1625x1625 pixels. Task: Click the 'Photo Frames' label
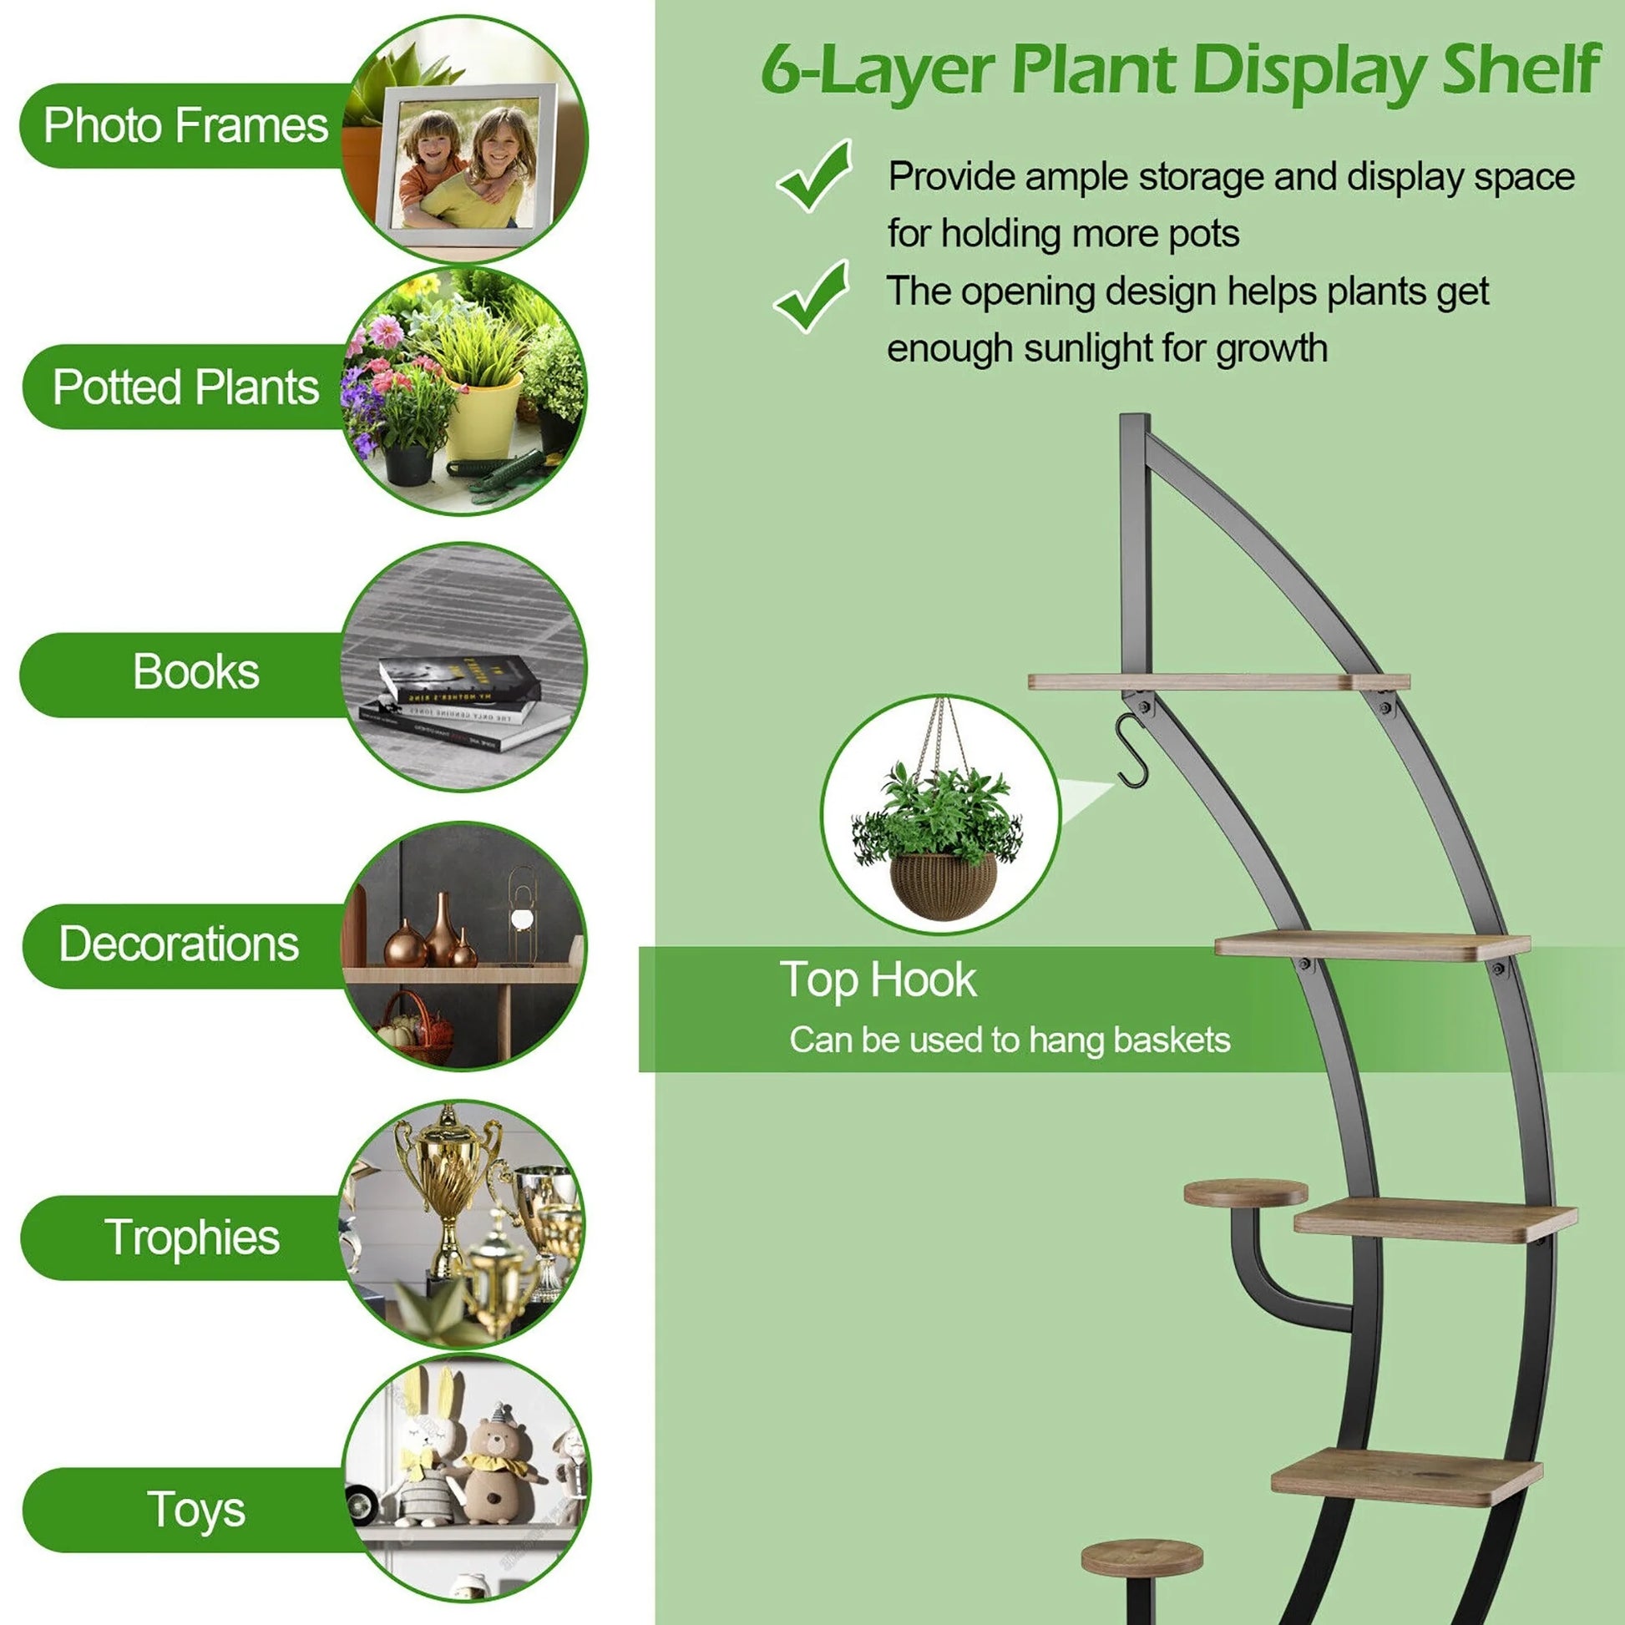(185, 126)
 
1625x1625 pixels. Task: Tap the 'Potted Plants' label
(186, 387)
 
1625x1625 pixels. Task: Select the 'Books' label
(196, 671)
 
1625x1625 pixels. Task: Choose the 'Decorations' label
(179, 943)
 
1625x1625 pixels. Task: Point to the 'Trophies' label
(192, 1238)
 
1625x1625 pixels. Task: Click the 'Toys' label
(196, 1511)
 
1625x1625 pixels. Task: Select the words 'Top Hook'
(878, 980)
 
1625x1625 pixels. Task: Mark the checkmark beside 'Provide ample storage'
(813, 176)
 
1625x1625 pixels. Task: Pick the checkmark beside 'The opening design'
(811, 296)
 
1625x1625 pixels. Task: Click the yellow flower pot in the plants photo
(483, 418)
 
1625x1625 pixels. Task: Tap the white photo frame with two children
(465, 165)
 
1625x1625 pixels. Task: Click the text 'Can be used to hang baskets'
(1010, 1040)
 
